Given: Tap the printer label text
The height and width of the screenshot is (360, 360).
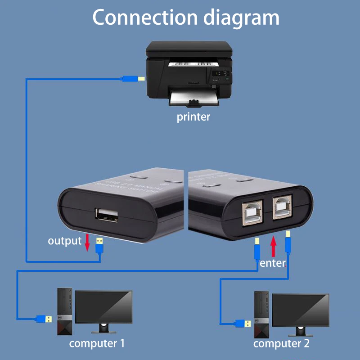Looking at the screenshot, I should point(193,117).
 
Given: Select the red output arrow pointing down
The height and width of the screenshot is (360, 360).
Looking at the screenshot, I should point(88,243).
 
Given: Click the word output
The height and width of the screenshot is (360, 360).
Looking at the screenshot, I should point(65,241).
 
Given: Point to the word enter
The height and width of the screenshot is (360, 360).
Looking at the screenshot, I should point(273,263).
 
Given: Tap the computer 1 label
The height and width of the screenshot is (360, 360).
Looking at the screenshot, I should point(97,344).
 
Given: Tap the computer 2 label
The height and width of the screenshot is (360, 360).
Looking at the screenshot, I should point(281,344).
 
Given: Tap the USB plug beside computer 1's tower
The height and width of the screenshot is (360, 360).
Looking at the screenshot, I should point(44,319).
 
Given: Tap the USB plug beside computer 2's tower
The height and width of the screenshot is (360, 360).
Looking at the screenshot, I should point(243,323).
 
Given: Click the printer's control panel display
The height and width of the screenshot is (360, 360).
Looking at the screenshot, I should point(219,73).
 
